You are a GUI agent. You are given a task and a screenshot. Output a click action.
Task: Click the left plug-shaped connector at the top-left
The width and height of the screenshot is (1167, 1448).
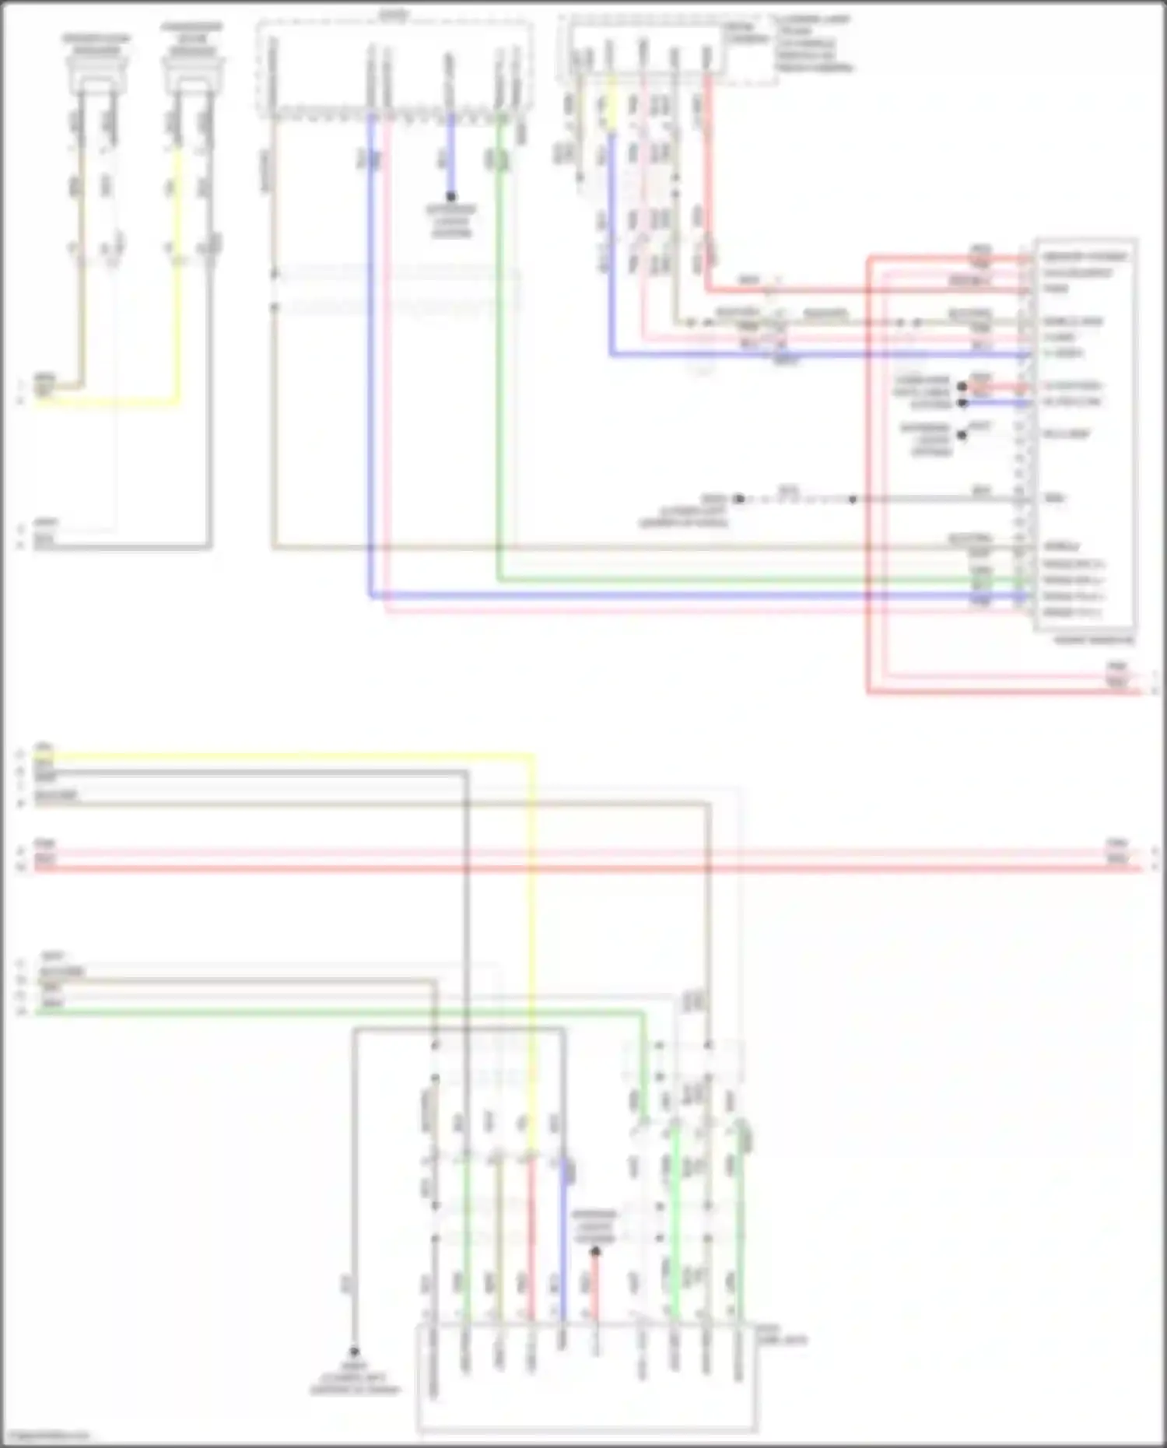(x=97, y=74)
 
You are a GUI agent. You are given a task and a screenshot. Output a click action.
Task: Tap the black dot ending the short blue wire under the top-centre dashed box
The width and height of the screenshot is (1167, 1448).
(x=451, y=197)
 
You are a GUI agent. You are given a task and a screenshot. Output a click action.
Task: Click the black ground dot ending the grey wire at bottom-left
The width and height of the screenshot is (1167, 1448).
(x=354, y=1352)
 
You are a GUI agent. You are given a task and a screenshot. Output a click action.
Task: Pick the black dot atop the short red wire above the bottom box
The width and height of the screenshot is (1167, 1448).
(x=595, y=1252)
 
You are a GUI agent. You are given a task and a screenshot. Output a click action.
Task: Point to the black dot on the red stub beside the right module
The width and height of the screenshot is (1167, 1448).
(x=962, y=387)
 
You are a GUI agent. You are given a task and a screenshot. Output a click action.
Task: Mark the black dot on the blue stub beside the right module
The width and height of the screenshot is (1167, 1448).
(x=962, y=402)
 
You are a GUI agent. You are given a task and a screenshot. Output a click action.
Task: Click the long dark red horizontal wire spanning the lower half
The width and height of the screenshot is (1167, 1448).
(x=583, y=867)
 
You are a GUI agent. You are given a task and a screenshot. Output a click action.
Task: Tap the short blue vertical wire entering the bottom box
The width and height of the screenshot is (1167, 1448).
(x=563, y=1245)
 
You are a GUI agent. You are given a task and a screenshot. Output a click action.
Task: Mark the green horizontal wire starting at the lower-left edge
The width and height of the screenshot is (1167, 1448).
(x=311, y=1012)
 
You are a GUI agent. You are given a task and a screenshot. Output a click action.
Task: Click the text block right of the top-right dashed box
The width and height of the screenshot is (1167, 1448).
(x=813, y=44)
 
